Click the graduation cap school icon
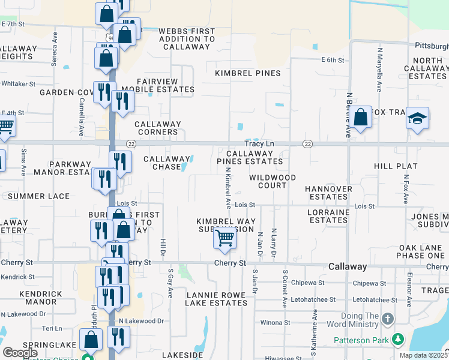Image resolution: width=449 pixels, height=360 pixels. [417, 119]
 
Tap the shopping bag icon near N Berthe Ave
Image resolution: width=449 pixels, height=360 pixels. [360, 118]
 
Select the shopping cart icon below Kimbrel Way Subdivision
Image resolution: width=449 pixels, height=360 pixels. [224, 238]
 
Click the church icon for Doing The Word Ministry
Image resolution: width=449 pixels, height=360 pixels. [388, 318]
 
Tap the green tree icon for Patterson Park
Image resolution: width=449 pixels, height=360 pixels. [397, 340]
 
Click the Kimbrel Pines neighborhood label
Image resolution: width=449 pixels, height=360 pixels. [248, 73]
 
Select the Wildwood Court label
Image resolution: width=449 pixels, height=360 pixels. [273, 182]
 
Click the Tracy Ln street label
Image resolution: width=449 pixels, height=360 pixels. [259, 144]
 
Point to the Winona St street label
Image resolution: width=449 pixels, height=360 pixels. [276, 322]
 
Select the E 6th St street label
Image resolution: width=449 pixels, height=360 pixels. [332, 60]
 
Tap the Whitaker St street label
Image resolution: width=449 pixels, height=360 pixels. [18, 84]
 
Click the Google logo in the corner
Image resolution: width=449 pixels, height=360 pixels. [20, 353]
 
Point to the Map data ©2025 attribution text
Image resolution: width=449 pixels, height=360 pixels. [423, 355]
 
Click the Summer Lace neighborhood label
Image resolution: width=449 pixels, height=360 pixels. [38, 196]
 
